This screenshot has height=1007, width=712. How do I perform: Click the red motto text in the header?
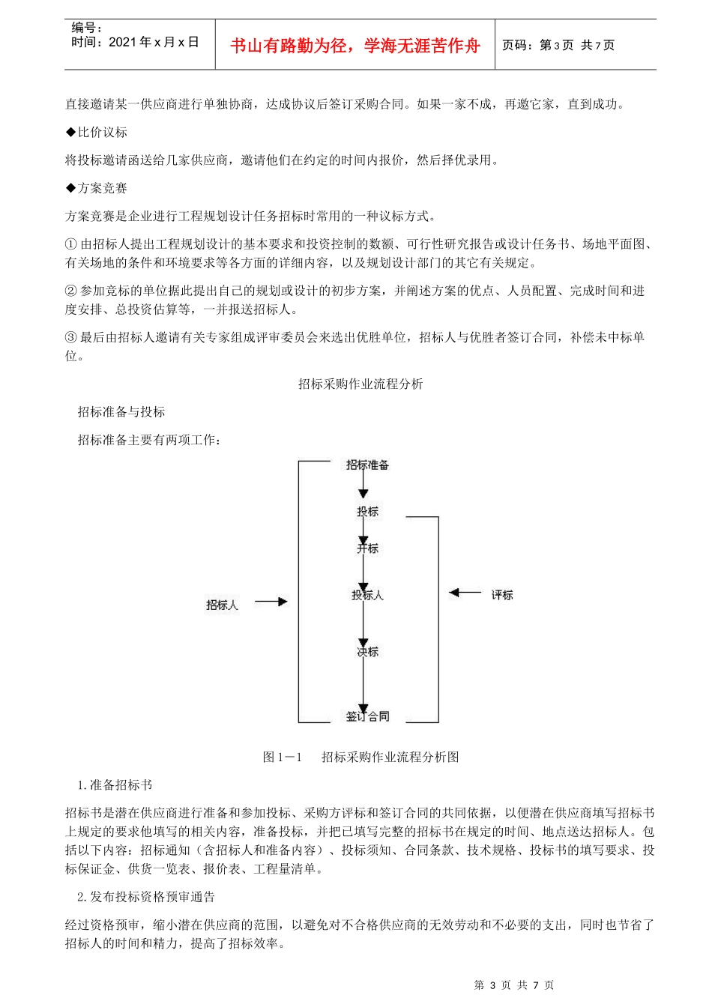pos(355,46)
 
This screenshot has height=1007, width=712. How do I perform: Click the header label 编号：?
pos(87,28)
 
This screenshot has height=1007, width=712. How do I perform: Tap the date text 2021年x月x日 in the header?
pos(154,43)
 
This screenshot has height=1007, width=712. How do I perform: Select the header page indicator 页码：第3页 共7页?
pos(558,46)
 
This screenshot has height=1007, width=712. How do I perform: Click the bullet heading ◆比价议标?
pos(97,133)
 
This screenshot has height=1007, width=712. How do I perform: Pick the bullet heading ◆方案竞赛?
pos(97,188)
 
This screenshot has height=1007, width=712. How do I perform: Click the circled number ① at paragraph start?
pos(71,244)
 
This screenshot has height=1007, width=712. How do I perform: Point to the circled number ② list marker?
pos(71,291)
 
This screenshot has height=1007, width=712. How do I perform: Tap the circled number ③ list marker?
pos(71,338)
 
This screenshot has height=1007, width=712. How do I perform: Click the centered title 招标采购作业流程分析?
pos(360,384)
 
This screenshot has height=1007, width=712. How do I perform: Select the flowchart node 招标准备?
pos(367,465)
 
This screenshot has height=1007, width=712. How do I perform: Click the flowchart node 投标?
pos(367,512)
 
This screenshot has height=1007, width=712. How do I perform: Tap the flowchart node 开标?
pos(367,548)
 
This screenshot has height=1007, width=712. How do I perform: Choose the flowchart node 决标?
pos(367,652)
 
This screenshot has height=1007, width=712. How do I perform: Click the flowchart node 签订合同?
pos(367,716)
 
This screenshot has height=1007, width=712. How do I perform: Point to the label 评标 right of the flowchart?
pos(502,595)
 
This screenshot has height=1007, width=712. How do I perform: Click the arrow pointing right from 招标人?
pos(271,602)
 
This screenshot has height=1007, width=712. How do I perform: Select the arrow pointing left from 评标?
pos(465,593)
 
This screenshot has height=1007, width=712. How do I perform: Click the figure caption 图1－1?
pos(283,757)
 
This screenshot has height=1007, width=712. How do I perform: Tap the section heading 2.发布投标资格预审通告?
pos(146,897)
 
